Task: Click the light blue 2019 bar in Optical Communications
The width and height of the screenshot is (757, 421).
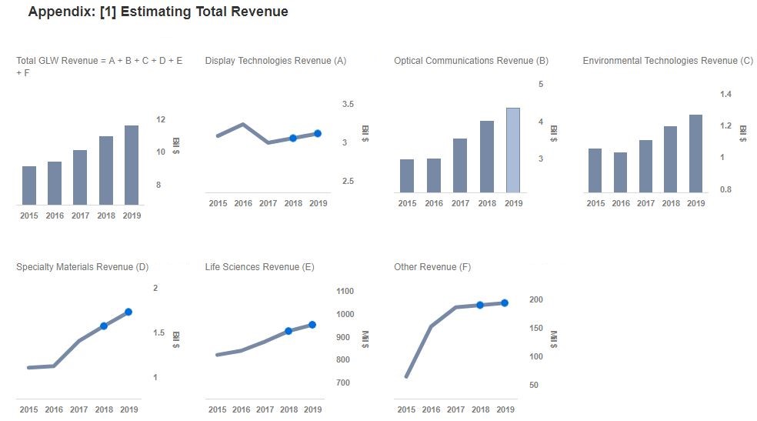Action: (513, 150)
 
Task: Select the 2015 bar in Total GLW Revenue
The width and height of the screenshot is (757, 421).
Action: (29, 185)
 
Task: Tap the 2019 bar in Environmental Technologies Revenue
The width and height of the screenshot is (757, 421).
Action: (695, 154)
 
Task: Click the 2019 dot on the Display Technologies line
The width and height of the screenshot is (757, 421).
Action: (318, 134)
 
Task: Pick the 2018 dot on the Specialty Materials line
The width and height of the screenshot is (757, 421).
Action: (104, 326)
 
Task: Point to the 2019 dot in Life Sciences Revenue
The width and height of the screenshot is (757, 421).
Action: (312, 325)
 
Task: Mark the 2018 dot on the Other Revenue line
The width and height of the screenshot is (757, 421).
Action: (479, 305)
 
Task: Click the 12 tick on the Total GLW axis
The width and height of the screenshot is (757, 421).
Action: (161, 119)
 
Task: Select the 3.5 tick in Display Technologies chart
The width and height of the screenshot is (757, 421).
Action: (348, 104)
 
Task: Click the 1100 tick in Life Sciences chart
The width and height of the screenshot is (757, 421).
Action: (345, 291)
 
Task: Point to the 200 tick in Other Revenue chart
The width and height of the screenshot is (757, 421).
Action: (536, 299)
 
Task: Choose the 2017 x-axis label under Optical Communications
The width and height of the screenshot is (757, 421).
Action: (460, 204)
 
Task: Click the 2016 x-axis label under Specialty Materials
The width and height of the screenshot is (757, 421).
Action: (53, 409)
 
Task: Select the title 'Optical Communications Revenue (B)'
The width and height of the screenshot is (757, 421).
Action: (471, 61)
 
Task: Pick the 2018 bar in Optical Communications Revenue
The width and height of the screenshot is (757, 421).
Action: (487, 156)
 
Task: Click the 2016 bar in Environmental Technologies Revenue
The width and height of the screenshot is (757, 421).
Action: (620, 172)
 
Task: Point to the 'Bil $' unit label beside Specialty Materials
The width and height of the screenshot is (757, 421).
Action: (176, 339)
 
